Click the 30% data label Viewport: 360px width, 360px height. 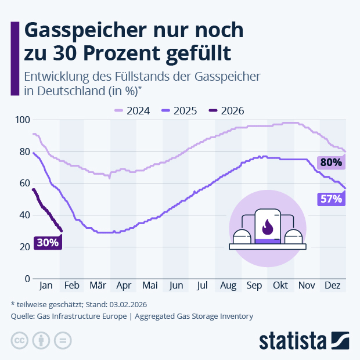tap(48, 243)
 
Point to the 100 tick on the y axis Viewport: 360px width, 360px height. tap(22, 120)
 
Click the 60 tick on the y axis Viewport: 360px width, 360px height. tap(24, 183)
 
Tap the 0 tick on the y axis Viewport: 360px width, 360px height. tap(26, 279)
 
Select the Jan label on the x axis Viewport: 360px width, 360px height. tap(46, 286)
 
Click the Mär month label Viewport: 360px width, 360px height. tap(98, 286)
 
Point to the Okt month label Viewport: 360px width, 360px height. tap(280, 286)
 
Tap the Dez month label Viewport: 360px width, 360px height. tap(332, 286)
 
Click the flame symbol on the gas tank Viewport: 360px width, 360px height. tap(268, 225)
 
